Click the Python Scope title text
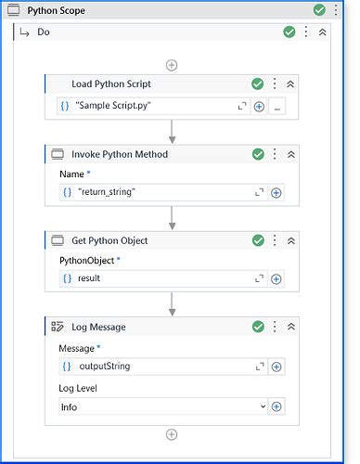58,10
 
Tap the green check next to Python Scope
319,10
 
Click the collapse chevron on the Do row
322,32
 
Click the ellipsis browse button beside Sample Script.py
277,107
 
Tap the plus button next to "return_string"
276,193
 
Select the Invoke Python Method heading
121,154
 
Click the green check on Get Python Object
258,240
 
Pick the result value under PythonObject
90,278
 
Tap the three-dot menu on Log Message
275,327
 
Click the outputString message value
105,366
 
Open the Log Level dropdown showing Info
161,406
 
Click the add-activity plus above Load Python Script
172,65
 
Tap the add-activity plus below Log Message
172,434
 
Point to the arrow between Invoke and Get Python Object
172,220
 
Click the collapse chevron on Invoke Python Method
290,154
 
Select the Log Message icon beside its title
57,327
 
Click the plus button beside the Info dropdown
276,406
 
